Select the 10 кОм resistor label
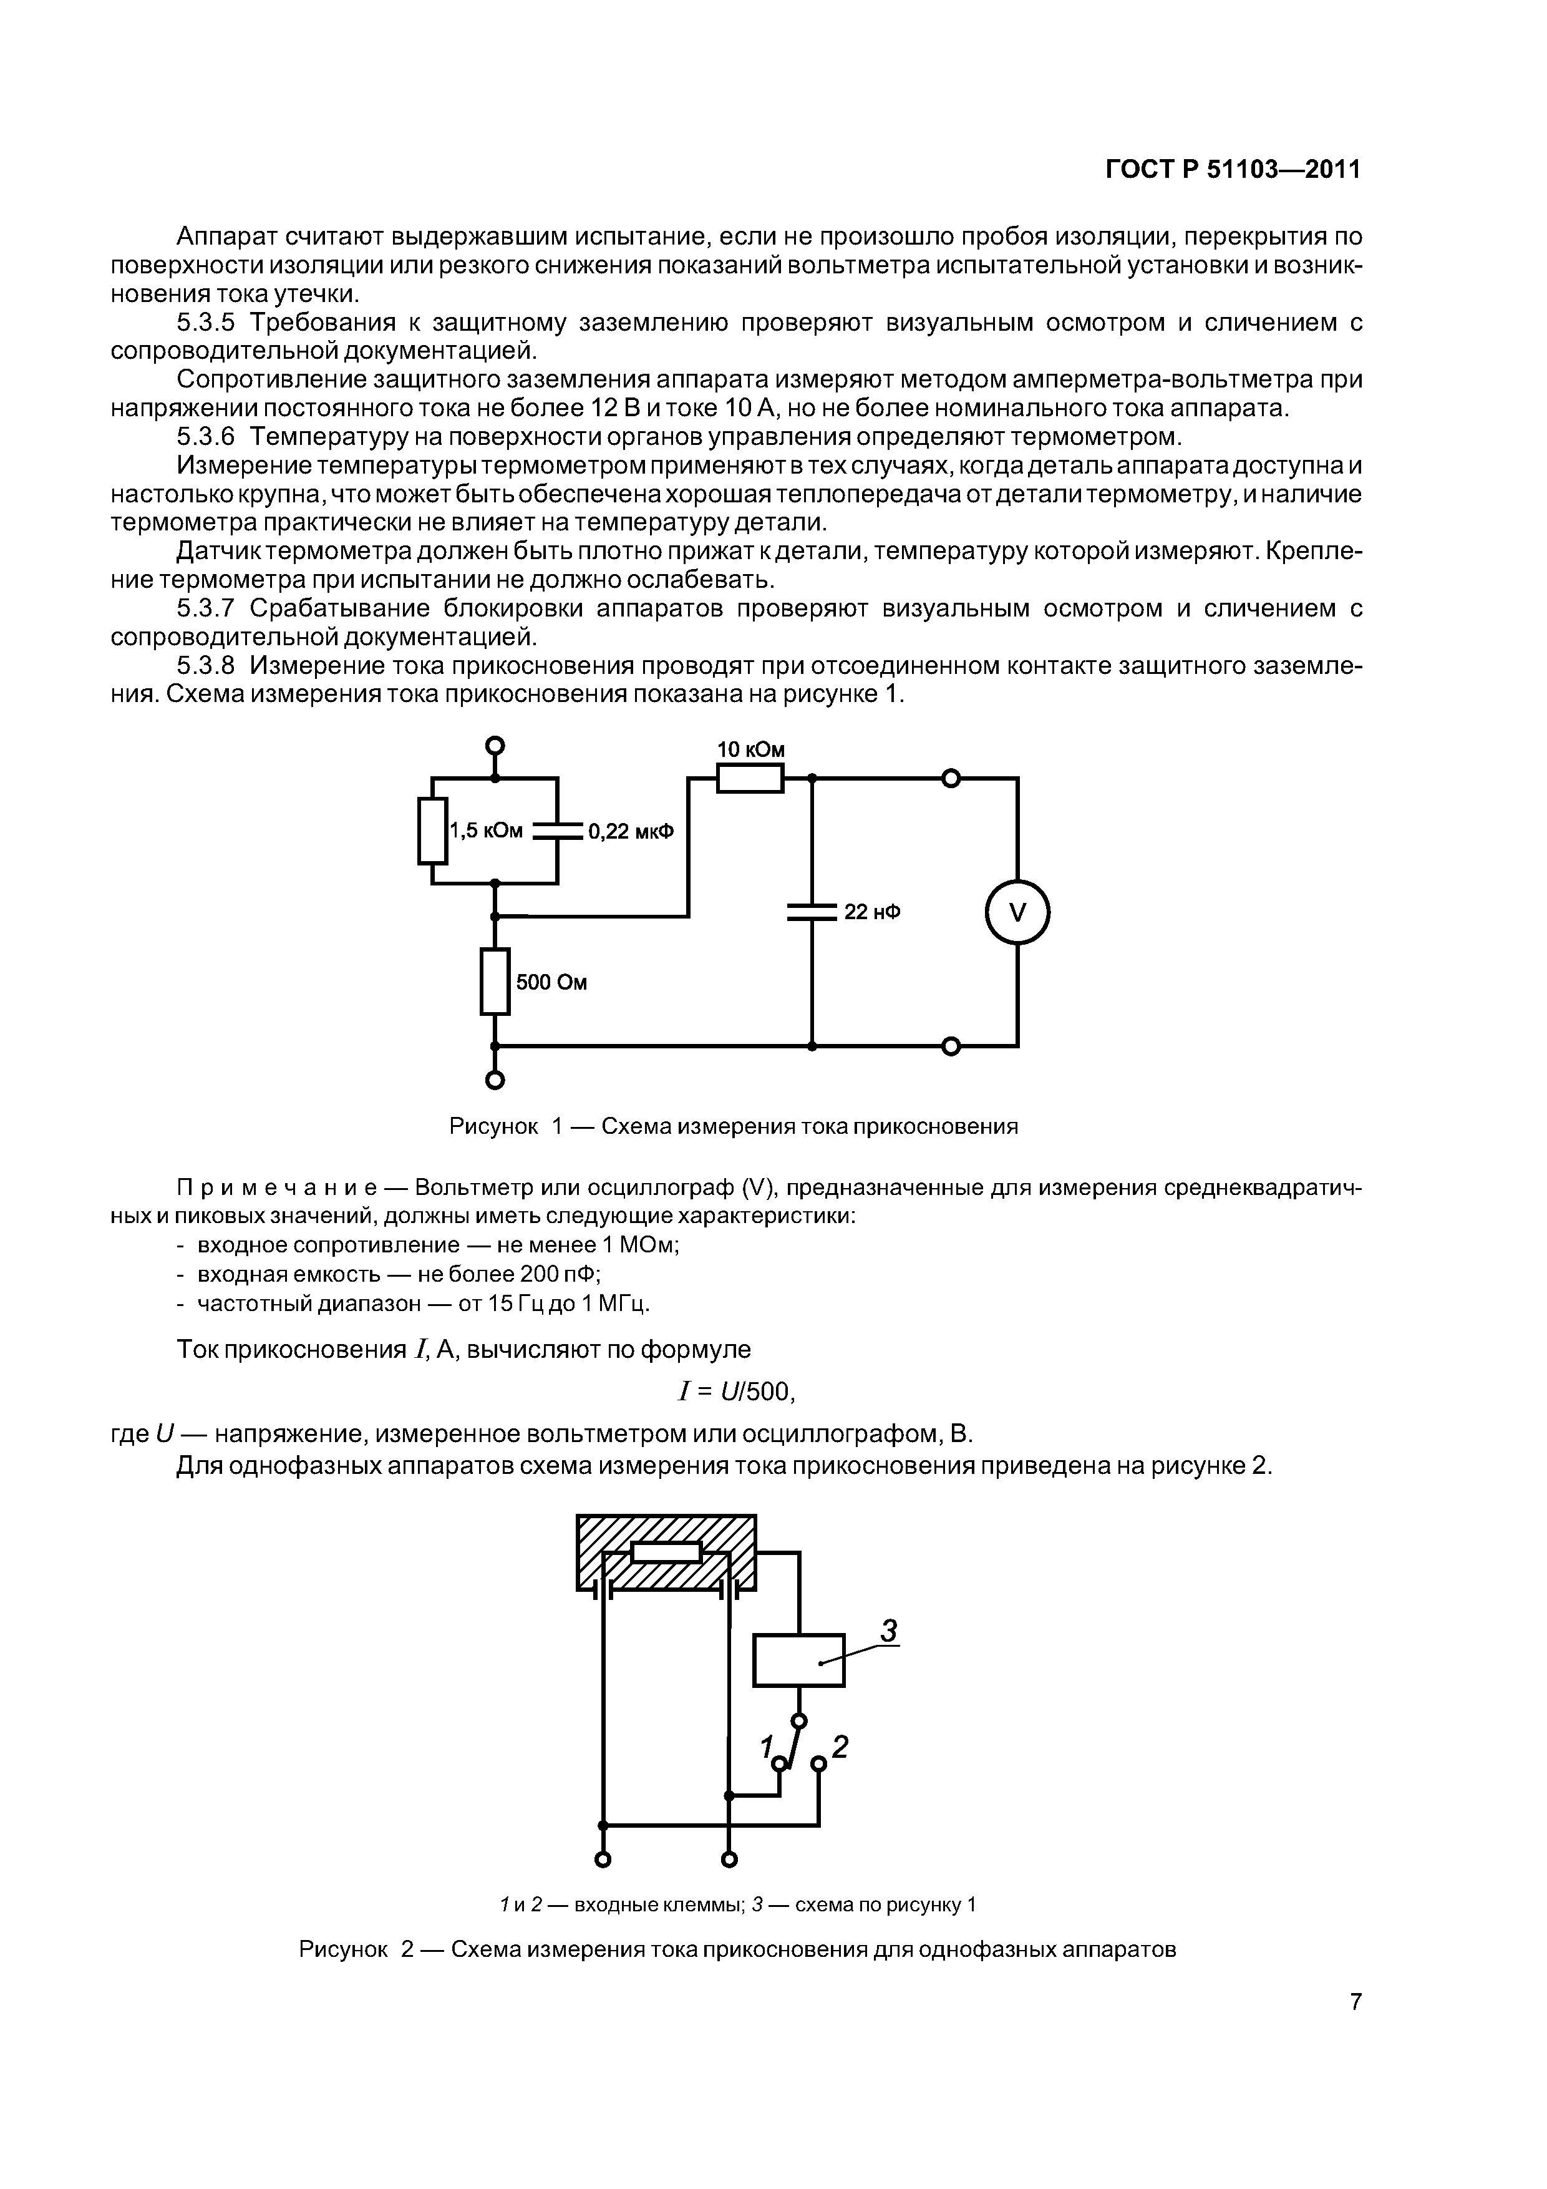(x=750, y=749)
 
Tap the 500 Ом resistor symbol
(x=495, y=981)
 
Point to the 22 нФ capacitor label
(x=872, y=912)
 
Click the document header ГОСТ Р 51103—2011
(x=1233, y=170)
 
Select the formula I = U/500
(x=735, y=1392)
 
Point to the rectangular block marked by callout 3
(x=798, y=1660)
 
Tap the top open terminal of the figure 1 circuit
(x=495, y=746)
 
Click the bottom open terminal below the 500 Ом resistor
(x=495, y=1080)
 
